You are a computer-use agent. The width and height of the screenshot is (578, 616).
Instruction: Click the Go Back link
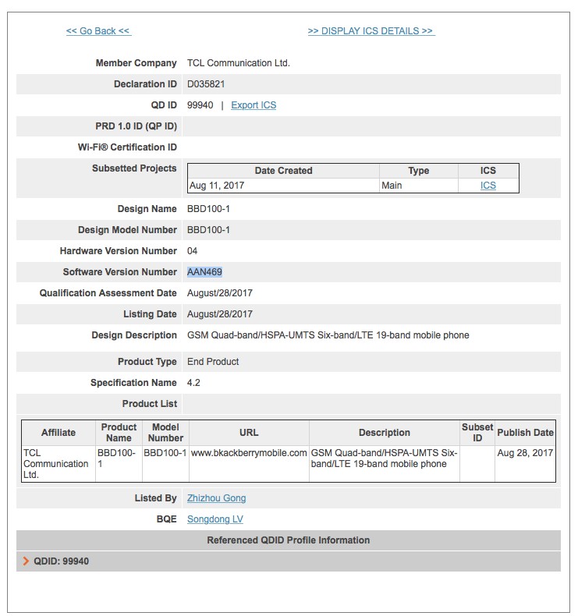tap(98, 31)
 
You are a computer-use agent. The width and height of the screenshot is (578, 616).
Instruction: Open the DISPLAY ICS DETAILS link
tap(371, 31)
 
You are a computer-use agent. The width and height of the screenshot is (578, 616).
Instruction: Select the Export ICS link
tap(254, 105)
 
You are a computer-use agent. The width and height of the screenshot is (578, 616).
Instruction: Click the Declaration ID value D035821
tap(206, 84)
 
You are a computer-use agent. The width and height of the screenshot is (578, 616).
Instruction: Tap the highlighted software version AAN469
tap(204, 272)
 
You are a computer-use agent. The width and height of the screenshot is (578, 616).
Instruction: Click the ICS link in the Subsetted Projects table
tap(488, 186)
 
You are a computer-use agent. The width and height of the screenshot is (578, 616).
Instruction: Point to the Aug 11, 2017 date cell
tap(211, 186)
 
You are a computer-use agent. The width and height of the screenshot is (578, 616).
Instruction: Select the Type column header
tap(419, 171)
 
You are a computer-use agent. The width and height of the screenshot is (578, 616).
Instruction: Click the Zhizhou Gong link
tap(216, 498)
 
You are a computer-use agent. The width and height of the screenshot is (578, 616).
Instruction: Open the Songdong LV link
tap(215, 519)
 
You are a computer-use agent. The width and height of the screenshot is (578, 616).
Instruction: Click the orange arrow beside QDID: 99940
tap(27, 561)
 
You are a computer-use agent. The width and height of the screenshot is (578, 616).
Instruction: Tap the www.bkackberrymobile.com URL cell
tap(249, 453)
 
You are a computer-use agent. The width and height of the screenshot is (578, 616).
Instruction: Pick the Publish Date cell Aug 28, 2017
tap(525, 453)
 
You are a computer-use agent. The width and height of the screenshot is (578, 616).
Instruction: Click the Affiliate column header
tap(59, 433)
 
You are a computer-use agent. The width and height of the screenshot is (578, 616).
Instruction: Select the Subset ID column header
tap(477, 433)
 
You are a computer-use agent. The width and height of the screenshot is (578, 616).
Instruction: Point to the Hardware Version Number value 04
tap(193, 251)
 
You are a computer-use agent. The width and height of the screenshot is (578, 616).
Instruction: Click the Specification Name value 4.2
tap(193, 383)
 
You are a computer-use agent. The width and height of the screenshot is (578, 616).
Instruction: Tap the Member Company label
tap(136, 63)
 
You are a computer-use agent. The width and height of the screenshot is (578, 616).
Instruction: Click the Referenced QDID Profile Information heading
tap(289, 540)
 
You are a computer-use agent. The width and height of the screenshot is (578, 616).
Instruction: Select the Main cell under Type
tap(392, 186)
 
